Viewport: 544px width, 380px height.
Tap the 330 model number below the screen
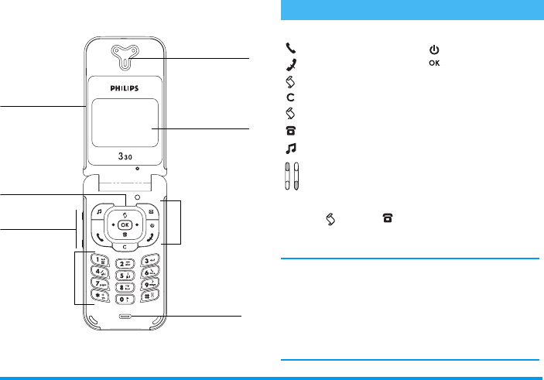125,156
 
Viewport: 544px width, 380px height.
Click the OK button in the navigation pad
124,224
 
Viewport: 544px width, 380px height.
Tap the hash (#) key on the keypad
151,295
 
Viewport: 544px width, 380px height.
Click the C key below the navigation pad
125,246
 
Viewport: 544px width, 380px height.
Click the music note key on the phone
98,211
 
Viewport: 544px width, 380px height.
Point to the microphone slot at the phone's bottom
125,316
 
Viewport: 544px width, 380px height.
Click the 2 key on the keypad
124,265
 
